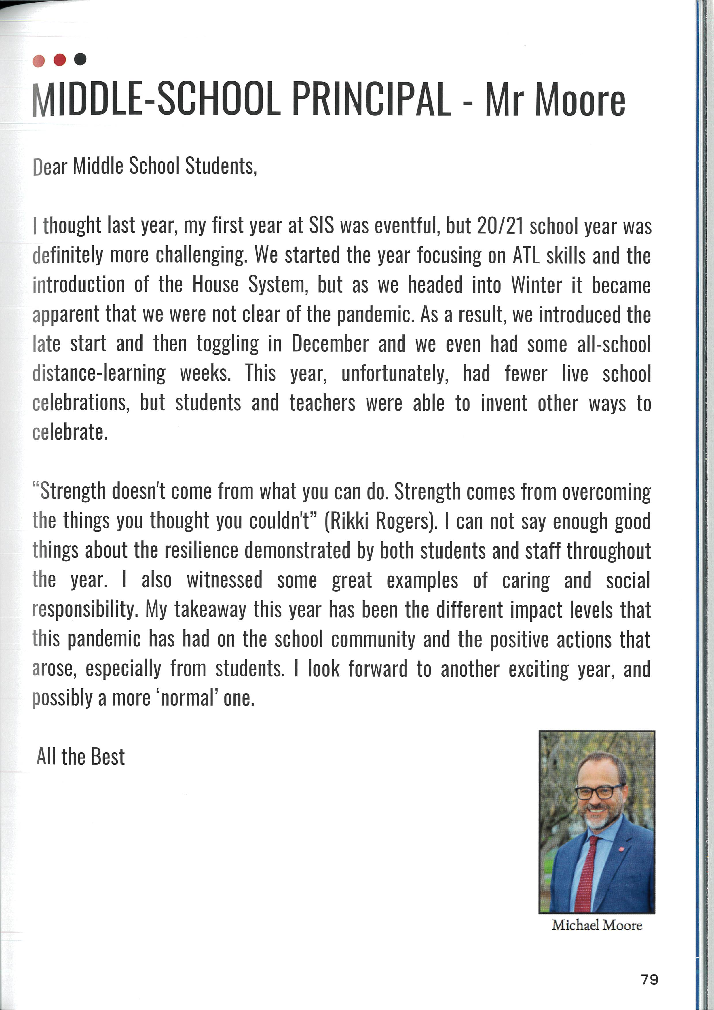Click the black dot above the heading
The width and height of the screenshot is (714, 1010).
(x=80, y=59)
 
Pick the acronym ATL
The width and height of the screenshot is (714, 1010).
(x=526, y=256)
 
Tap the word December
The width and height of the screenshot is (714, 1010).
(x=329, y=344)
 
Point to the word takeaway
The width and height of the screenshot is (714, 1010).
(x=210, y=610)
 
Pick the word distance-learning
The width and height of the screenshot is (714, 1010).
(x=99, y=373)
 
